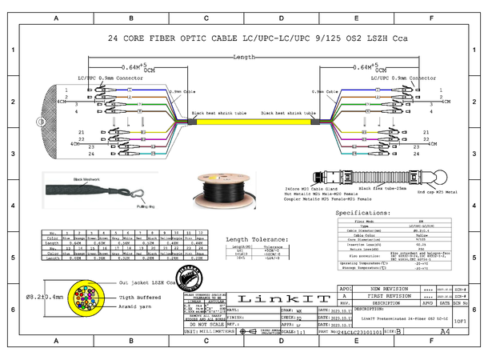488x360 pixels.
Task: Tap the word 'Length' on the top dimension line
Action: [x=245, y=58]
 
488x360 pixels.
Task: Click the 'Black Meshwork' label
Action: [x=88, y=179]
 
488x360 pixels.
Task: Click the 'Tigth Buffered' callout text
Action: [x=138, y=297]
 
